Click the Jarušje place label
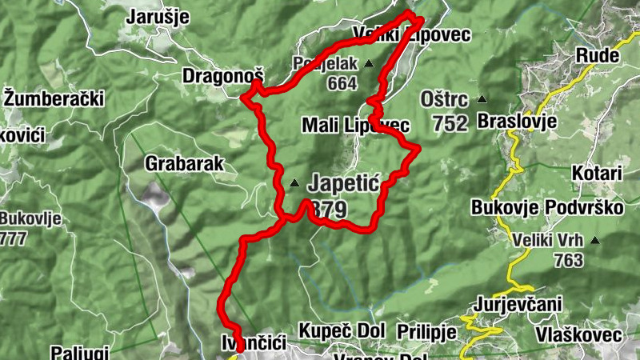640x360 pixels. pos(158,15)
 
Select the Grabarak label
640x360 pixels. pos(184,164)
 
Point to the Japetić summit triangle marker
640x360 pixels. pos(294,184)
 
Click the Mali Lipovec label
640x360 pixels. pos(355,126)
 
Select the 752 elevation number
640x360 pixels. pos(450,124)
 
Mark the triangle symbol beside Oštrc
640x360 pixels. pos(482,101)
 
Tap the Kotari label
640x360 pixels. pos(597,174)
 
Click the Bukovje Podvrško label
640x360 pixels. pos(547,208)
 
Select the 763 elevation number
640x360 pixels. pos(568,261)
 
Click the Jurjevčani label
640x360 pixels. pos(518,304)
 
